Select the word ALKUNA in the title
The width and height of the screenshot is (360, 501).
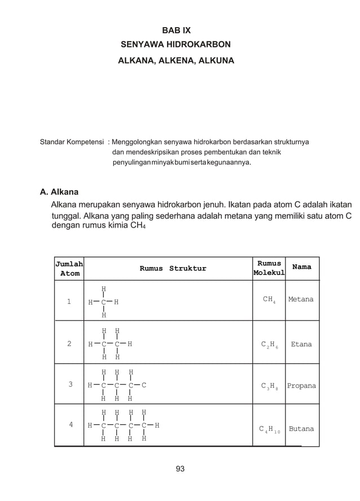pos(215,59)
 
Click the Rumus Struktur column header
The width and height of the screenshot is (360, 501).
pos(173,268)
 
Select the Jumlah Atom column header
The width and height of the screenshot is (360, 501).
pos(69,268)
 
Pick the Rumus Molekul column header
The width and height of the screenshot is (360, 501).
pos(269,269)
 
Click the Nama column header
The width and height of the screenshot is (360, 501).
pos(302,267)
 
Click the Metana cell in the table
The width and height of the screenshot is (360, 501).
pos(301,299)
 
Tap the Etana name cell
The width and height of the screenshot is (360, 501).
pos(301,343)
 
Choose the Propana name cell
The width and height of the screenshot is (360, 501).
pos(301,386)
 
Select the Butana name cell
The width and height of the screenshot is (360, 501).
pos(301,429)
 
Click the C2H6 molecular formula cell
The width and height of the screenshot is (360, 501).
pos(269,344)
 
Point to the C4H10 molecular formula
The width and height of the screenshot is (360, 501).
pos(269,429)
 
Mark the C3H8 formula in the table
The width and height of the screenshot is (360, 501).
pos(269,386)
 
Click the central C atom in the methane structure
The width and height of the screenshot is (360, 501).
pos(103,302)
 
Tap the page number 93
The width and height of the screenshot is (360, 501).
pos(180,469)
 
